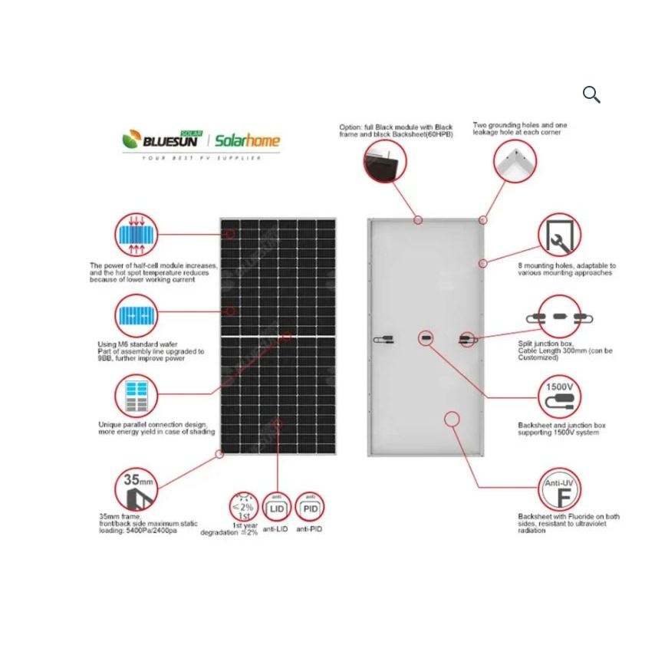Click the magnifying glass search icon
591,94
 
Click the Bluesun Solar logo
162,139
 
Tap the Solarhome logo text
247,140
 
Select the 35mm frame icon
136,489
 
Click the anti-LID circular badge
277,508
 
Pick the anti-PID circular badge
310,508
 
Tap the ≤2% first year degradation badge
244,507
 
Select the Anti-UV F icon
559,490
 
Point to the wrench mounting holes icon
559,235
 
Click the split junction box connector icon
559,317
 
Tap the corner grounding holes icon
515,160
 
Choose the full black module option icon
385,160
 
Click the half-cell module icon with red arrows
137,235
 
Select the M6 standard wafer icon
137,315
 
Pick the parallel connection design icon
137,396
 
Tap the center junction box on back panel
426,338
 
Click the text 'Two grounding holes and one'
520,125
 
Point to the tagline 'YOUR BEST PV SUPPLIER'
201,158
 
